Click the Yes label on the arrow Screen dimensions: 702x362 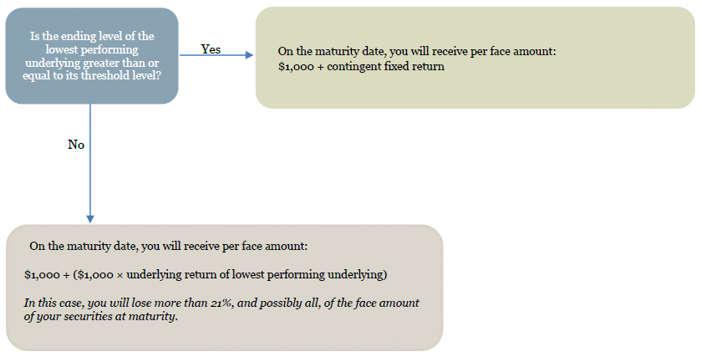[x=211, y=48]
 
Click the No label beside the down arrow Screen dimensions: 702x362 [x=76, y=145]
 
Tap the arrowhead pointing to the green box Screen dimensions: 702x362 [x=249, y=55]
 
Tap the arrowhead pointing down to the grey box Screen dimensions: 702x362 [x=90, y=219]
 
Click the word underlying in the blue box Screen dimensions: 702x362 [x=47, y=63]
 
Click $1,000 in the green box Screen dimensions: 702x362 [x=296, y=67]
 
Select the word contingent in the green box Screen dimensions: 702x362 [x=353, y=67]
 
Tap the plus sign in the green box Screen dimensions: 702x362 [x=321, y=67]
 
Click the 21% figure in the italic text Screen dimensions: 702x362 [x=221, y=303]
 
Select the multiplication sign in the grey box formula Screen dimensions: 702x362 [x=120, y=275]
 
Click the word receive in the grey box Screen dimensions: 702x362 [x=202, y=247]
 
